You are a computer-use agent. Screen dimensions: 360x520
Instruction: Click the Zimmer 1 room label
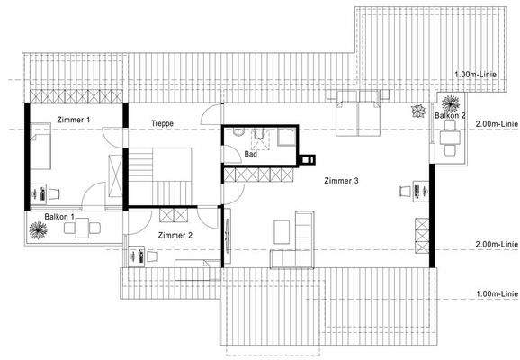[x=73, y=120]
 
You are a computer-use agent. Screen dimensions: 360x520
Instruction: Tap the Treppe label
[x=161, y=123]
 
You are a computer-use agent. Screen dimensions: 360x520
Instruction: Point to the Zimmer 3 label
[x=341, y=181]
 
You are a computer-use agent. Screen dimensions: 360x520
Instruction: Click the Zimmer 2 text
[x=175, y=235]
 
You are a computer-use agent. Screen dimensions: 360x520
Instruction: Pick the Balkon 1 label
[x=59, y=217]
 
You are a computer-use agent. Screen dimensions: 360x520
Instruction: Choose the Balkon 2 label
[x=450, y=115]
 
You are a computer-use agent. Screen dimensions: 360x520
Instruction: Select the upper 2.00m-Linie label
[x=496, y=123]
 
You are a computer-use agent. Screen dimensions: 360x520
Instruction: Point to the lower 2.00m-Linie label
[x=496, y=244]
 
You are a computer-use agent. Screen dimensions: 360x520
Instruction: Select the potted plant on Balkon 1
[x=39, y=230]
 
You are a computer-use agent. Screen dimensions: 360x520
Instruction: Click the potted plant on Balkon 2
[x=417, y=111]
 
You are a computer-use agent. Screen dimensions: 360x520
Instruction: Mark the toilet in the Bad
[x=238, y=134]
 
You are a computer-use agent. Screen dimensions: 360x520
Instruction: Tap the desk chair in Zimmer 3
[x=404, y=190]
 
